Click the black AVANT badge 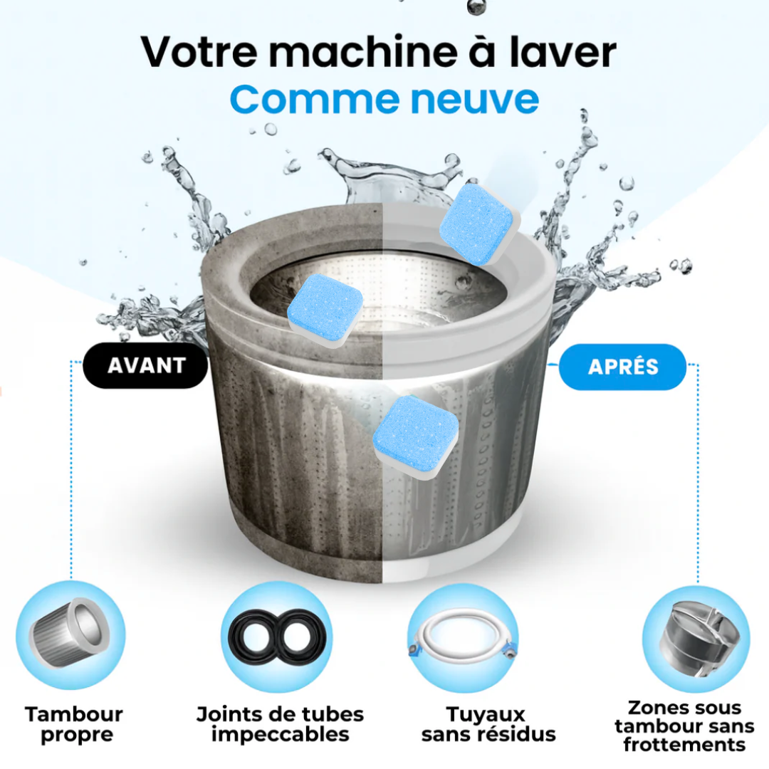point(145,365)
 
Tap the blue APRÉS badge point(622,367)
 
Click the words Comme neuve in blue point(384,99)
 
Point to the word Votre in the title point(199,52)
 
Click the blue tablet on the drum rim point(480,224)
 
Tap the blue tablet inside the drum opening point(325,310)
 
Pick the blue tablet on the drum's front point(416,437)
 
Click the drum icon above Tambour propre point(70,635)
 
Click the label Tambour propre point(75,724)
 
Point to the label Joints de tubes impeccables point(280,724)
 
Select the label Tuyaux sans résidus point(488,724)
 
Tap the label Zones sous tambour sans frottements point(684,726)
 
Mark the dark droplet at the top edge point(474,6)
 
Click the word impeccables point(280,735)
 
